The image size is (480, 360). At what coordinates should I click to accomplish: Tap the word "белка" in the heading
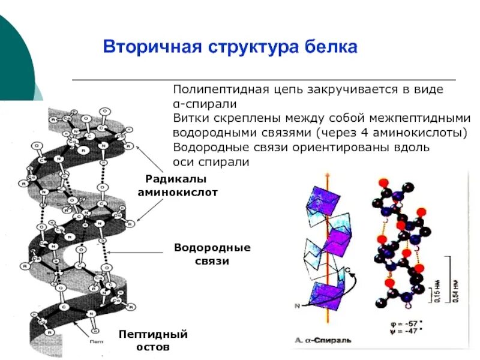tap(331, 47)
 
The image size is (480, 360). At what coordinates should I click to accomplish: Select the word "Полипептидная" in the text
tap(209, 89)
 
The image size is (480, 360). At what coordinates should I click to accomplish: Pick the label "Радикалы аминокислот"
tap(176, 187)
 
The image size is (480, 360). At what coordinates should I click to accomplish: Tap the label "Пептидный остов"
tap(153, 340)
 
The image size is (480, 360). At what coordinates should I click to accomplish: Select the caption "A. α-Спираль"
tap(324, 341)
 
